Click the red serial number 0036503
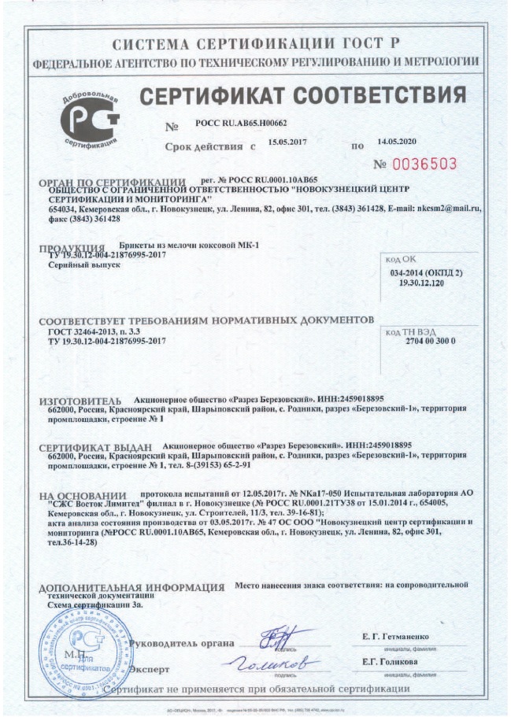[425, 164]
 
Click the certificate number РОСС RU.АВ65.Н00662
[241, 124]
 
